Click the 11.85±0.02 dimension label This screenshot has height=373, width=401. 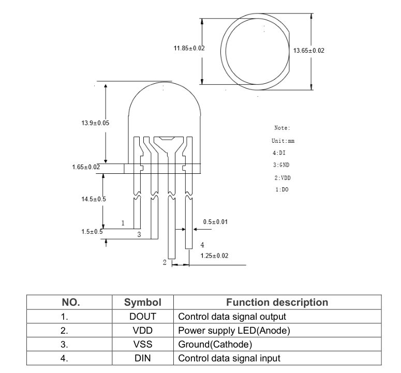point(189,48)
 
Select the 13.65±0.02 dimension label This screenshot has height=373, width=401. point(309,50)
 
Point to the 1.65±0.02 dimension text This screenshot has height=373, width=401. point(86,168)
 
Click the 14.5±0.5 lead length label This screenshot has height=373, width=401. point(94,199)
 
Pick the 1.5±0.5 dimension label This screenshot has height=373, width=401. point(92,232)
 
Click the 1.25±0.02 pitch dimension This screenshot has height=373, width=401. point(214,256)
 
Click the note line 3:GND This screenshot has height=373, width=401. point(281,165)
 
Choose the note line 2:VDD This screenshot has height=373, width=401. point(283,177)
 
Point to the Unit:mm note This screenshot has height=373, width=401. point(283,141)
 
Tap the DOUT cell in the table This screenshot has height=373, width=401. point(143,316)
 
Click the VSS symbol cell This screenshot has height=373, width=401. point(143,344)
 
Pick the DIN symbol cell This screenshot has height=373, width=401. point(143,358)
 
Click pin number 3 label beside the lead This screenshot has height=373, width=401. point(139,234)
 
